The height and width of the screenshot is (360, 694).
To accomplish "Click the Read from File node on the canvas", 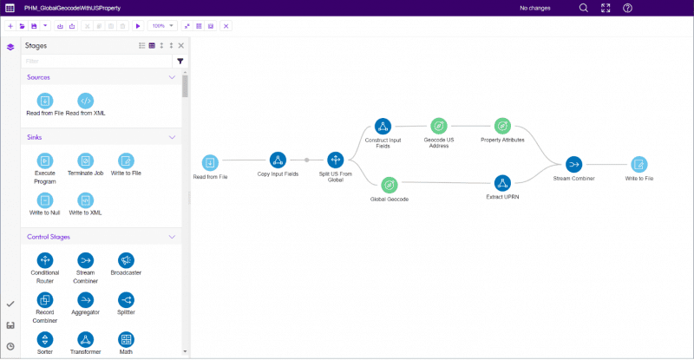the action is [210, 162].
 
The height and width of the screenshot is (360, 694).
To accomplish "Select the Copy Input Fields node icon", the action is [278, 160].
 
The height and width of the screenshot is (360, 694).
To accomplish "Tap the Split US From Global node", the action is [336, 160].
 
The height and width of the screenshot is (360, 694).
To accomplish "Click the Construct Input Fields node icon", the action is [383, 126].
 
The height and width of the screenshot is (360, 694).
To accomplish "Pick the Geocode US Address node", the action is [439, 126].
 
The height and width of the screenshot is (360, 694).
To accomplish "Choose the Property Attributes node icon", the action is [502, 126].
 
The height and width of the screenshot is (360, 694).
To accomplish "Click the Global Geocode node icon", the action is [390, 185].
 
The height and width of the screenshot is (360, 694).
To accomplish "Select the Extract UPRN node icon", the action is [502, 183].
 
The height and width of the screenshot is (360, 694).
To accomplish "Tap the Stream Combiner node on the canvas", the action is [573, 164].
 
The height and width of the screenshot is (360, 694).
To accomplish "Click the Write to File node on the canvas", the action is [639, 164].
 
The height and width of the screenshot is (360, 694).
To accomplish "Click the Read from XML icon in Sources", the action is [85, 101].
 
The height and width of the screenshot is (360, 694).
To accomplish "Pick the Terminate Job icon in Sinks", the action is [85, 160].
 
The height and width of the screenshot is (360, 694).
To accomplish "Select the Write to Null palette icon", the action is [45, 200].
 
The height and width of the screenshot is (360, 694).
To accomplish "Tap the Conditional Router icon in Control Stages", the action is [45, 260].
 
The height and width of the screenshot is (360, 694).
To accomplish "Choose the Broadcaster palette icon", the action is [126, 260].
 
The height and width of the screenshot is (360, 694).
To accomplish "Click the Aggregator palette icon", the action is [85, 300].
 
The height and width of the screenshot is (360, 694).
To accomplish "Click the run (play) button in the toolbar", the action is [138, 26].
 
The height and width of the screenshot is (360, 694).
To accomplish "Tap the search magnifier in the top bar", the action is [584, 8].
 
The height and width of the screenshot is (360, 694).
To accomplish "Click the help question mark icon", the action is [627, 8].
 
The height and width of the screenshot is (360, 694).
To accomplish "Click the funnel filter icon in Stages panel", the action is [180, 61].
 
